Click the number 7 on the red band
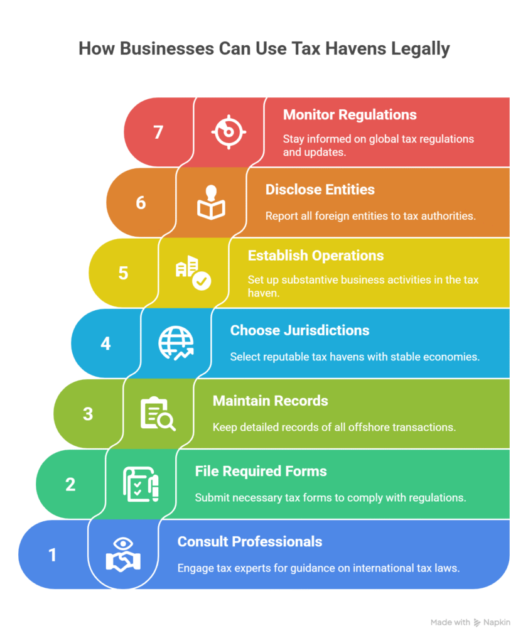(158, 132)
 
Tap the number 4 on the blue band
(105, 343)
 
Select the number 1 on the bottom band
(53, 555)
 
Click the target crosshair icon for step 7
(229, 132)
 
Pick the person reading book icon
(211, 202)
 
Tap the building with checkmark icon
(193, 273)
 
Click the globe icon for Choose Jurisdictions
(176, 343)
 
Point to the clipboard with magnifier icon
(158, 414)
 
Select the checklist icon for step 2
(141, 484)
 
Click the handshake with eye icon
(123, 554)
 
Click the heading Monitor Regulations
(350, 115)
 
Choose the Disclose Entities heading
(320, 190)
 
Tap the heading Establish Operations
(316, 256)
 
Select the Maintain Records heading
(270, 401)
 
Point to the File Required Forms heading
(261, 471)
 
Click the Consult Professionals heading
(250, 542)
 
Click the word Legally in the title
(420, 49)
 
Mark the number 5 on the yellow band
(124, 273)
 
